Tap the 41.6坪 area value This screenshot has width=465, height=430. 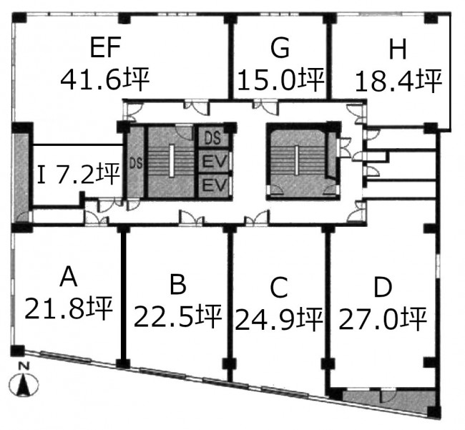pos(104,79)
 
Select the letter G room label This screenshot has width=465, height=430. pos(280,48)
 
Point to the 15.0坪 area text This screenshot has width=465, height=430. pos(280,79)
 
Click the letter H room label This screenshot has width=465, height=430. pos(397,49)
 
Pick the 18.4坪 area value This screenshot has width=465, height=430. pos(399,81)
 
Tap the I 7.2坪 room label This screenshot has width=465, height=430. pos(79,174)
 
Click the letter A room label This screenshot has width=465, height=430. pos(69,276)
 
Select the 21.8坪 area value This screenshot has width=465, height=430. pos(69,308)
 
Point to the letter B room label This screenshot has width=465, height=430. pos(177,284)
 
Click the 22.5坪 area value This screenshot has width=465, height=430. pos(177,316)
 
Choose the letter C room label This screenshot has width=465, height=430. pos(279,288)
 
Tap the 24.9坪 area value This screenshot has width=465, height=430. pos(279,319)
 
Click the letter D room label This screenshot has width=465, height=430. pos(383,288)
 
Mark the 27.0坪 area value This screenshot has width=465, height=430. pos(383,319)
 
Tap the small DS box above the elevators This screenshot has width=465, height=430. pos(213,138)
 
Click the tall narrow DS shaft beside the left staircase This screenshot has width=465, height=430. pos(136,163)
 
